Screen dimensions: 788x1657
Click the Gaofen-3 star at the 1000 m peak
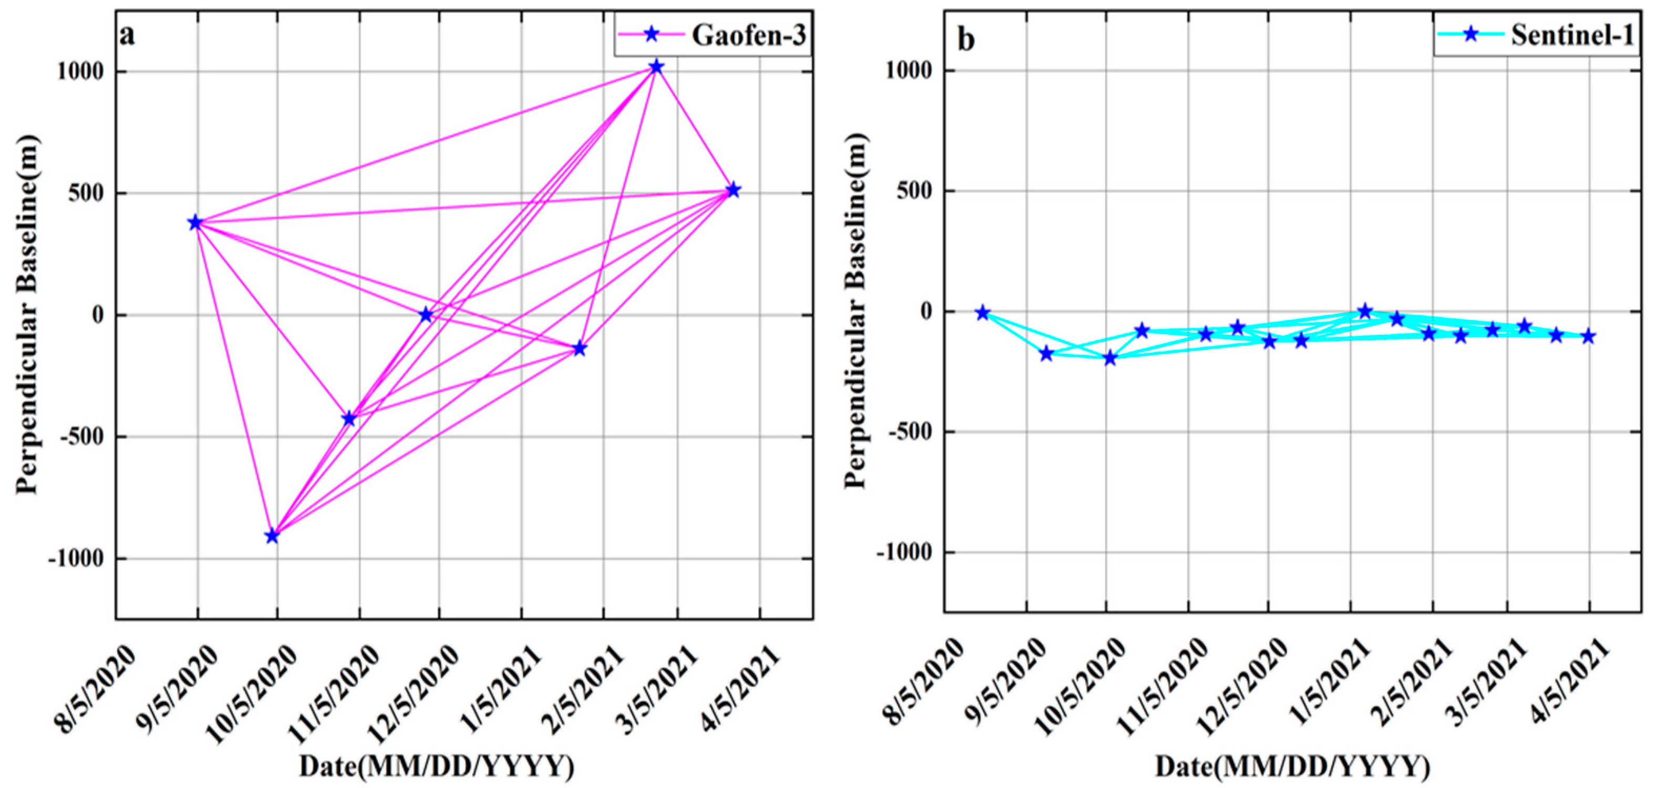pos(656,66)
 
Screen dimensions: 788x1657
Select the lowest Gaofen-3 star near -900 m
pos(272,535)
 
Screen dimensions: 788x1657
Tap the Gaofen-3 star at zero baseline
pos(426,314)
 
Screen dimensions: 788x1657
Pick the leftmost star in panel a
pos(195,222)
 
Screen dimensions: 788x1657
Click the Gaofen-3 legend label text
pos(748,35)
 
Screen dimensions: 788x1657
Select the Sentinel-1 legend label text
pos(1572,35)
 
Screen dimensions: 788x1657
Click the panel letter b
pos(965,40)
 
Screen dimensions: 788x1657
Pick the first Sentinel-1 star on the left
pos(982,313)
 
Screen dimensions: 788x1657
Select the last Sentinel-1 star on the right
pos(1588,336)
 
